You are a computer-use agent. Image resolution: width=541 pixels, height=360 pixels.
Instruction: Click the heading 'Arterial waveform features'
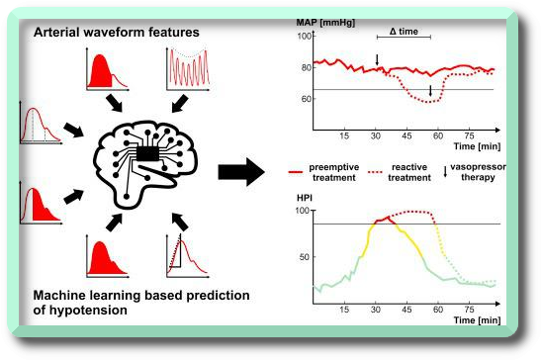[117, 32]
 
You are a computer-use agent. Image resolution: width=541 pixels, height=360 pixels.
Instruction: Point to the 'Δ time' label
[404, 33]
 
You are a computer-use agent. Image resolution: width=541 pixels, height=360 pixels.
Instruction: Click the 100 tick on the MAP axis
[304, 37]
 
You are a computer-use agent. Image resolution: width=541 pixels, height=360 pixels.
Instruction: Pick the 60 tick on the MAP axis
[306, 99]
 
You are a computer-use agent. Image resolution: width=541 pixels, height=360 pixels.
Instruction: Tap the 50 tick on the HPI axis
[306, 255]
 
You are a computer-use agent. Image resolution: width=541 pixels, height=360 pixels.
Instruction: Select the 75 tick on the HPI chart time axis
[466, 309]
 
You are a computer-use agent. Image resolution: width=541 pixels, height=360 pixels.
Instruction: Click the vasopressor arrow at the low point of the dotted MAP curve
[430, 92]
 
